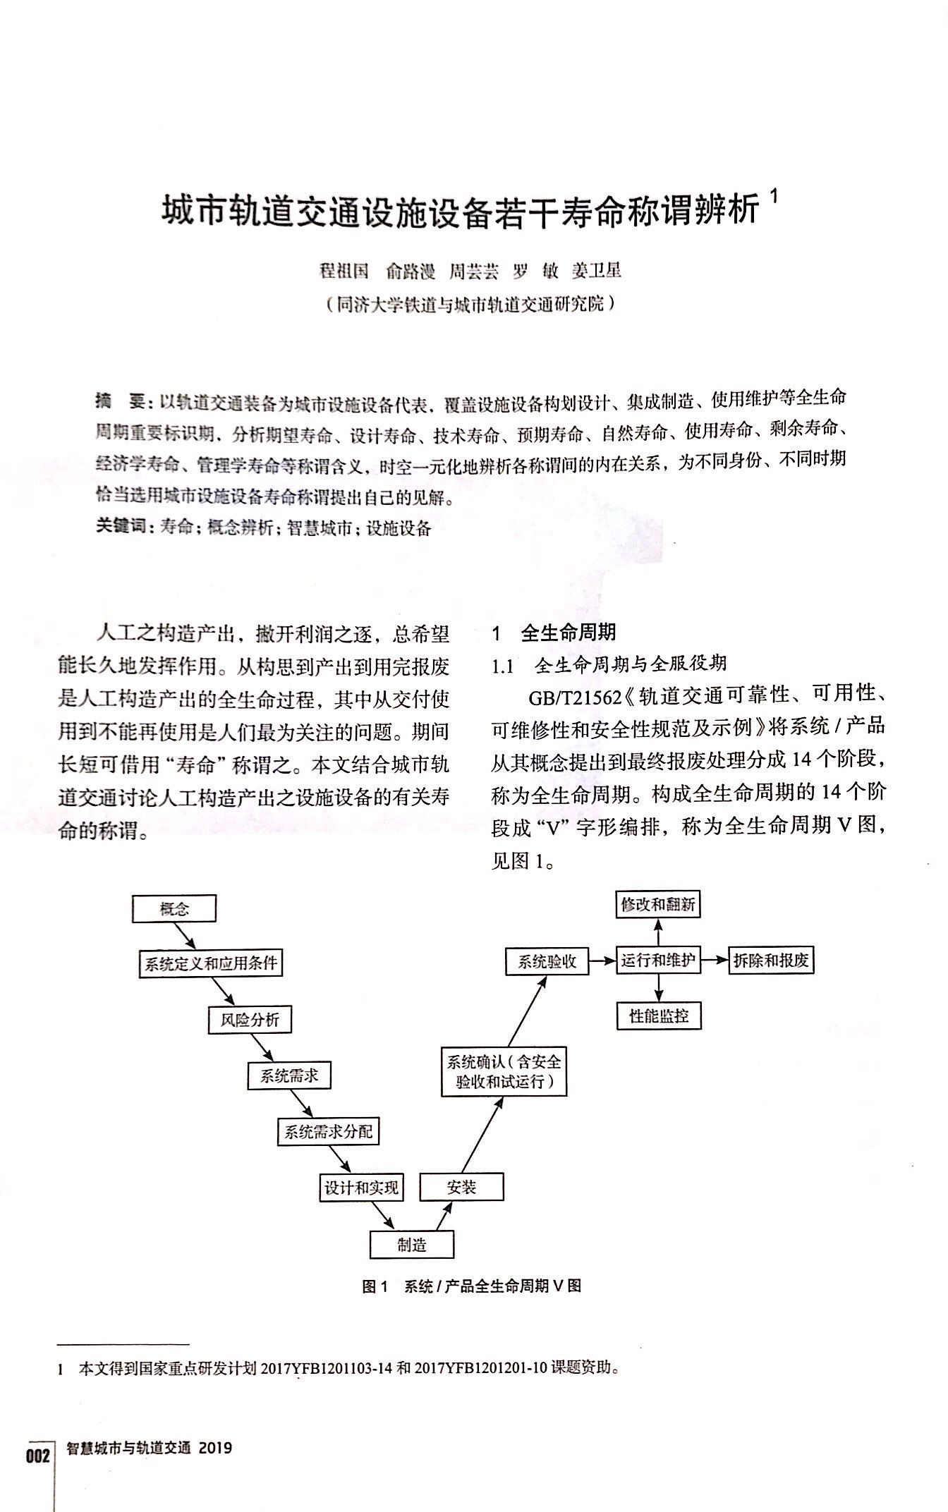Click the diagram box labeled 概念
click(174, 909)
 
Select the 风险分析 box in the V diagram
click(249, 1020)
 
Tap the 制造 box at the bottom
click(411, 1245)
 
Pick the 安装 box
click(461, 1187)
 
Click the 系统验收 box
click(547, 961)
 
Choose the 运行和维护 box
click(658, 961)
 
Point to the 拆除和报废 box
click(771, 961)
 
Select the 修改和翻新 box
click(658, 904)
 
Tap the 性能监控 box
click(658, 1016)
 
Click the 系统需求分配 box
click(328, 1133)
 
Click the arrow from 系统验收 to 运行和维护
click(602, 961)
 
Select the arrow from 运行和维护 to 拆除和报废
click(715, 961)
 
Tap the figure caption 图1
click(375, 1286)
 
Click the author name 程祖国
click(344, 272)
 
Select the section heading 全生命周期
click(568, 633)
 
